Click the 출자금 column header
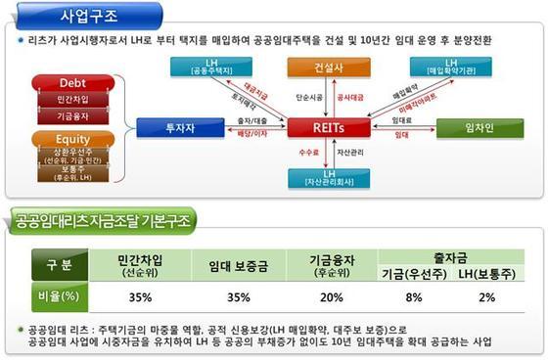449,256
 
